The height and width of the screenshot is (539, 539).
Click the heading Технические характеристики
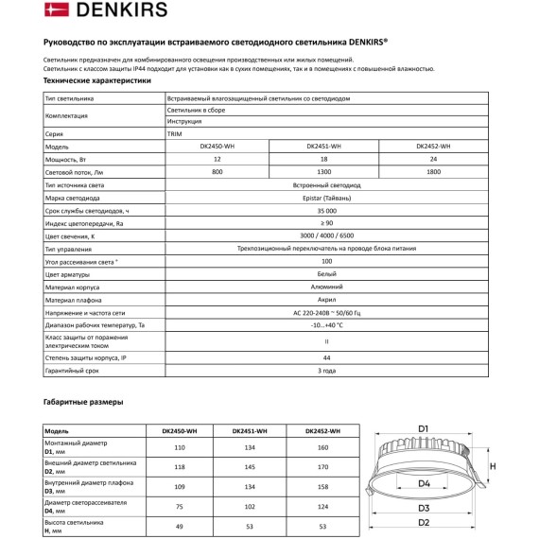pos(97,81)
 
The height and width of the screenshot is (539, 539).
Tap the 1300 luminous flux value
pos(324,172)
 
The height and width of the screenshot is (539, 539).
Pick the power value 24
pos(432,160)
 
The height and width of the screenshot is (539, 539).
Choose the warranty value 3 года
pos(324,373)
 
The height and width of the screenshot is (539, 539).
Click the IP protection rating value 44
pos(324,358)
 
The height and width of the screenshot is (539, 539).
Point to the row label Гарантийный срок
pos(72,373)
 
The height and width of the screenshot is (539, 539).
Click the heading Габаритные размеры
pos(83,403)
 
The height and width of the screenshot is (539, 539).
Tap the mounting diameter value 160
pos(322,446)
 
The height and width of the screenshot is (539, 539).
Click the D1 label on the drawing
pos(424,428)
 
